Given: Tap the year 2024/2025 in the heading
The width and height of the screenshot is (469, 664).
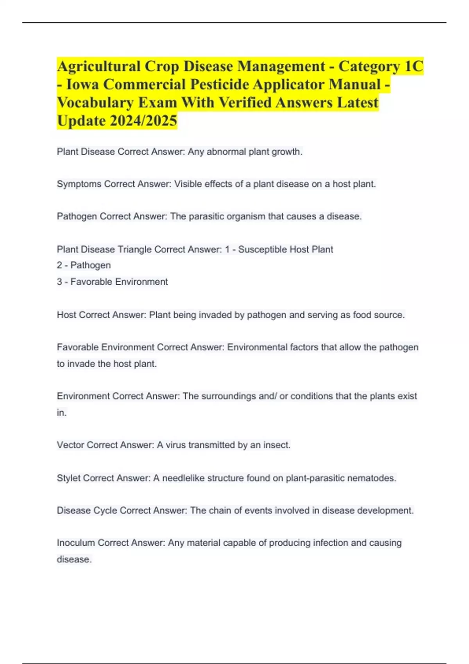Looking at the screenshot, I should click(x=143, y=121).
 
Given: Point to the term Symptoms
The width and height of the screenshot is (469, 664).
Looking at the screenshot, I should click(x=79, y=184).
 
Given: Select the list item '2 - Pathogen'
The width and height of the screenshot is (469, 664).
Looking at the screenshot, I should click(x=84, y=265).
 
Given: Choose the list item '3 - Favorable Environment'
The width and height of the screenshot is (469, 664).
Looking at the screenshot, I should click(x=112, y=282).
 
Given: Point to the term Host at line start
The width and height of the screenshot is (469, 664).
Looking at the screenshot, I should click(x=66, y=315).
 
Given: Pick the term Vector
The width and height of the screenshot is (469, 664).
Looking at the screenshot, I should click(x=70, y=445).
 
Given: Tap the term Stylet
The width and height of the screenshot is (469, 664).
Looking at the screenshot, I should click(x=68, y=478).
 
